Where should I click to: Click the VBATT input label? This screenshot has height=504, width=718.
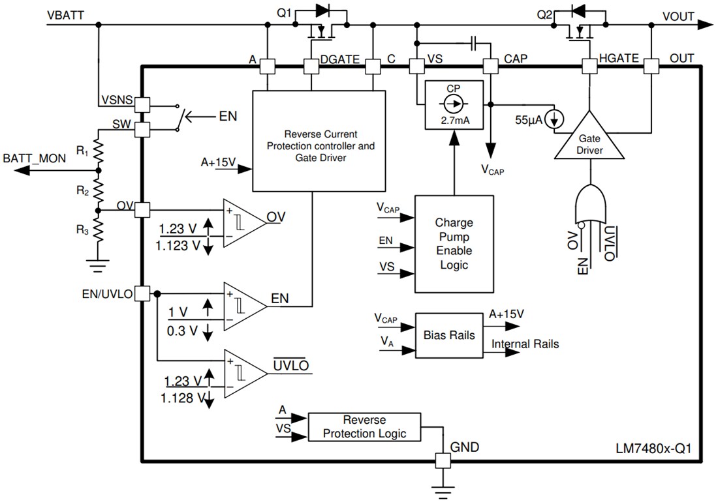[x=66, y=14]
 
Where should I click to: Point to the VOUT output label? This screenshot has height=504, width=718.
[x=678, y=16]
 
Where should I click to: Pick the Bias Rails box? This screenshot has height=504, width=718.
[x=449, y=335]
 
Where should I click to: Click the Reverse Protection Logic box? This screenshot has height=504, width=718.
[x=364, y=427]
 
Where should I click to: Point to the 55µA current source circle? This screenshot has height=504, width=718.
[x=555, y=119]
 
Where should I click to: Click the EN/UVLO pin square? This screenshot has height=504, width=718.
[x=143, y=294]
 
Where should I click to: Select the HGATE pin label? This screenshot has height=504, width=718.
[x=617, y=59]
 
